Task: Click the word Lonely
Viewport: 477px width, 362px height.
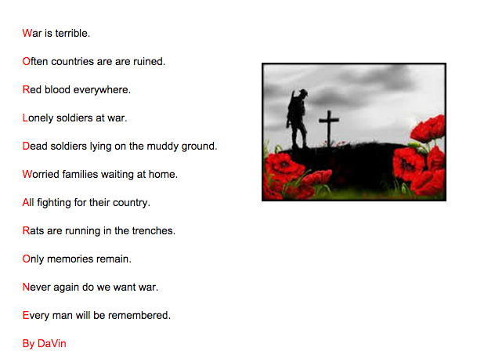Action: pyautogui.click(x=39, y=118)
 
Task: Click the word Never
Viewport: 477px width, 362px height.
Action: pyautogui.click(x=37, y=287)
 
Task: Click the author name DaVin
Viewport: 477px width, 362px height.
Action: pyautogui.click(x=52, y=343)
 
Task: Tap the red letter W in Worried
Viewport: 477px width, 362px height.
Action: pyautogui.click(x=27, y=174)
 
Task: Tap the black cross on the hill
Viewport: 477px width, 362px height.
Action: pyautogui.click(x=329, y=130)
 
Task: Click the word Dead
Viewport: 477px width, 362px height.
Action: pyautogui.click(x=36, y=146)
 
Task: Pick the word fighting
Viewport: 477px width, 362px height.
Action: pyautogui.click(x=53, y=202)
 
